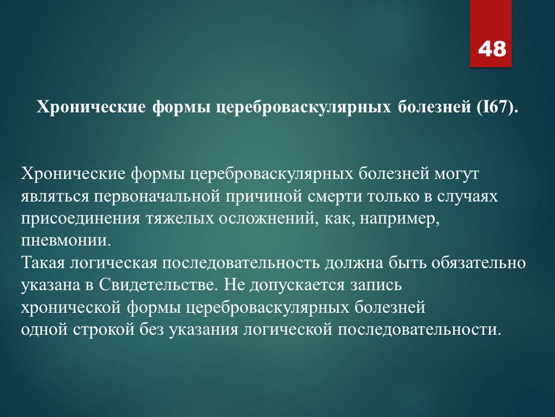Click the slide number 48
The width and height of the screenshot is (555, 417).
pos(491,49)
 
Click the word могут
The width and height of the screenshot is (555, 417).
pos(457,174)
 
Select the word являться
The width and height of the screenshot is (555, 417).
pos(55,196)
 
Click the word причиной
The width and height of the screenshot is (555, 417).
pos(264,196)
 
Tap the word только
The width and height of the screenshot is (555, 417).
pos(393,196)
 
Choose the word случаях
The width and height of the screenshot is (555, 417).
pos(467,196)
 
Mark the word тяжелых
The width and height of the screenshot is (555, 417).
pos(179,219)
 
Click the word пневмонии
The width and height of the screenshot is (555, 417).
pos(66,241)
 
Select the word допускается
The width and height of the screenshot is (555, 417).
pos(297,285)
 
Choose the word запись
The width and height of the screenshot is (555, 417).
pos(376,285)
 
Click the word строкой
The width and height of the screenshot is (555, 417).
pos(103,330)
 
